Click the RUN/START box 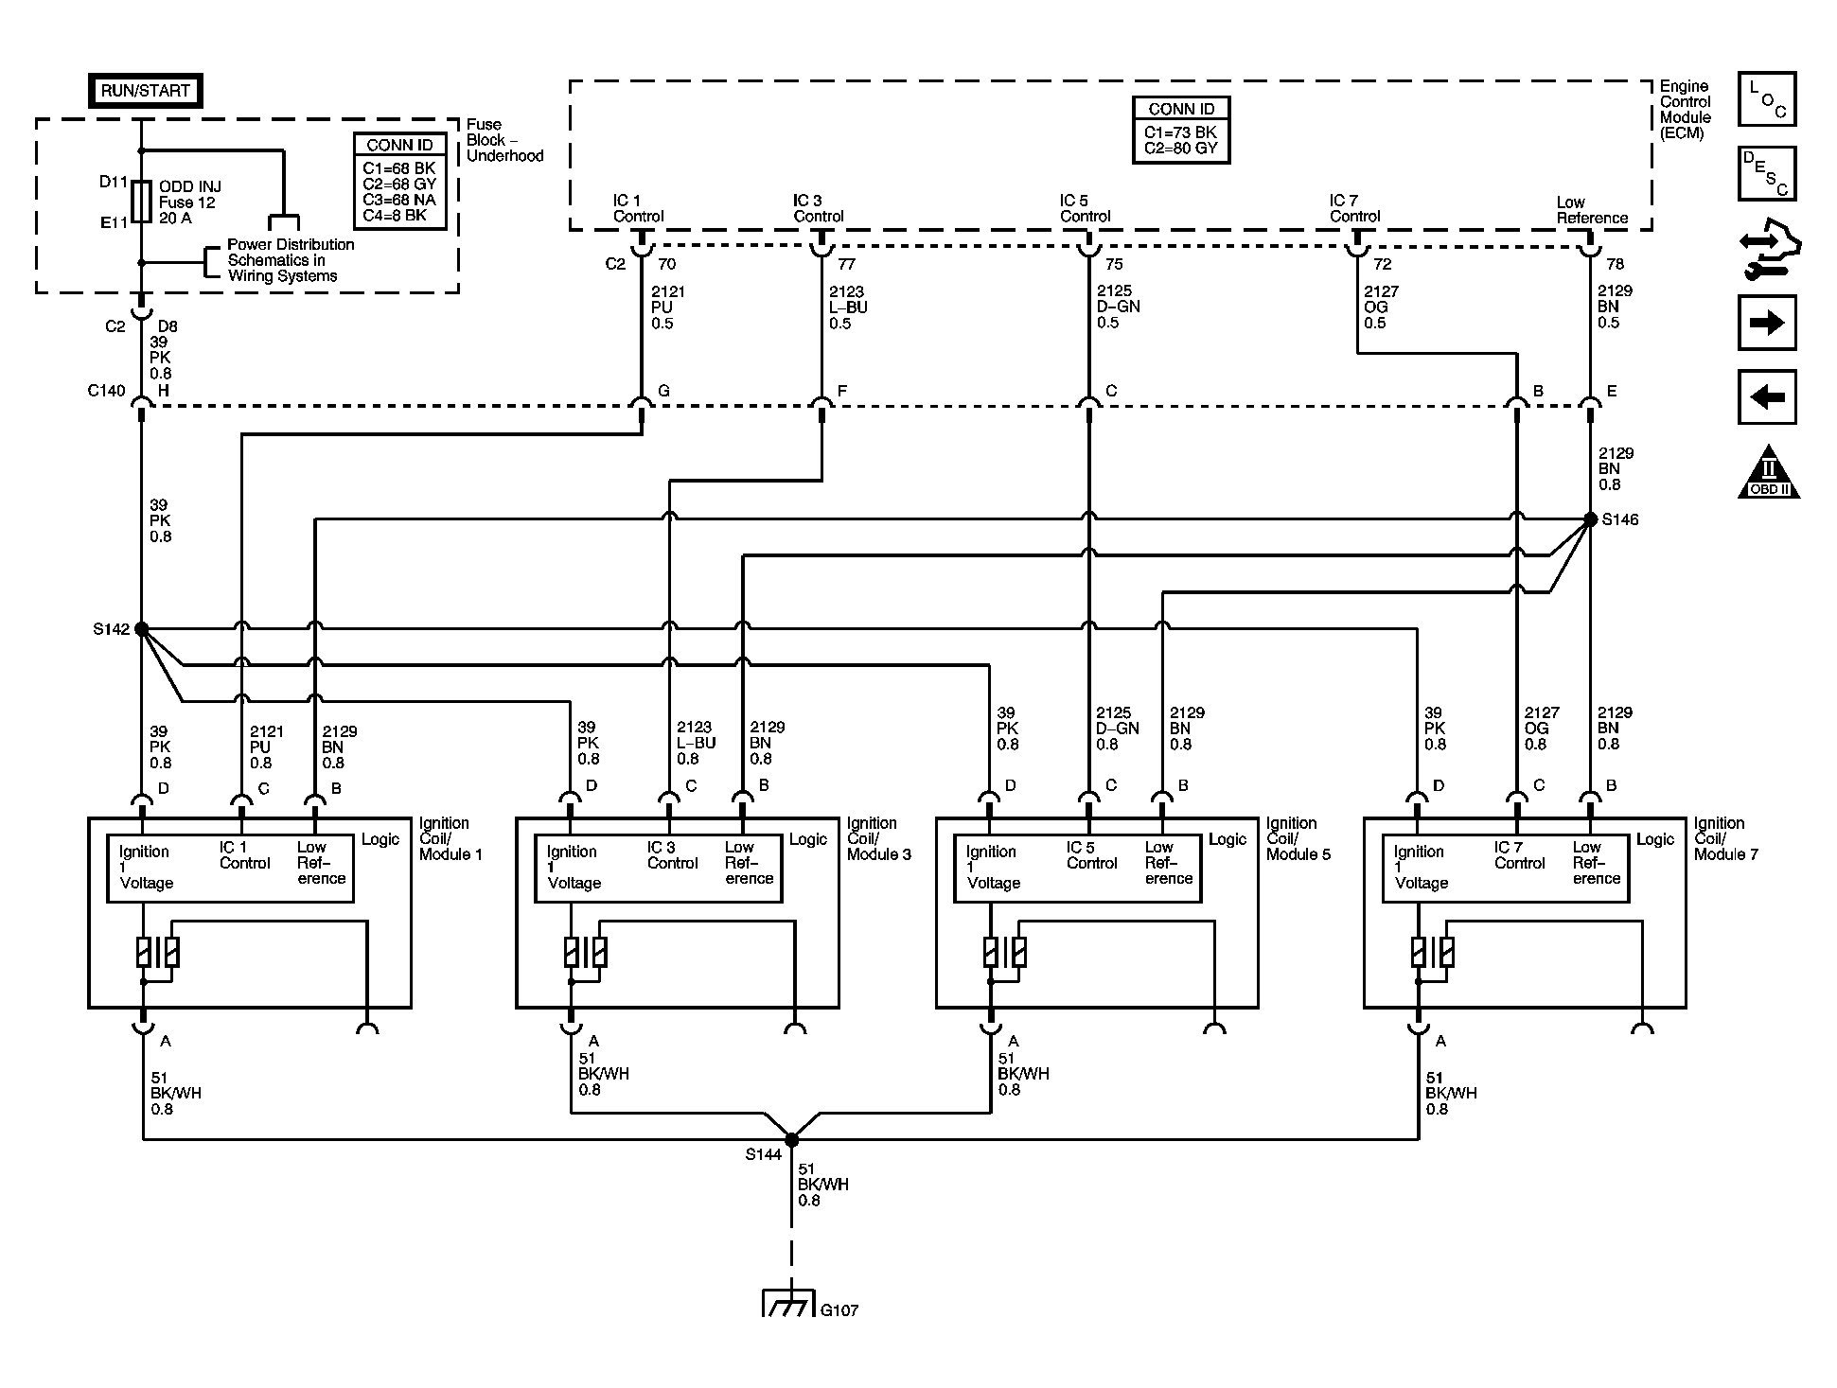click(145, 91)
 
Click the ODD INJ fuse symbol click(141, 202)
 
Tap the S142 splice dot click(141, 628)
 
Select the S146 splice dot click(1590, 519)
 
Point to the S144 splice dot click(791, 1139)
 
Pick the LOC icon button click(1767, 99)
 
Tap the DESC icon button click(1767, 173)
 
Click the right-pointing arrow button click(1767, 323)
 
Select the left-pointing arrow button click(1767, 396)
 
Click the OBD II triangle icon click(1768, 472)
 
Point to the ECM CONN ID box click(1181, 130)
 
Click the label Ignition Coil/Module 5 click(1298, 838)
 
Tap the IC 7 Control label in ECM click(1354, 208)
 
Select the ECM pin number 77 click(846, 264)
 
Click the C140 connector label click(106, 391)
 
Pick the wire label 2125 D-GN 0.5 click(1118, 307)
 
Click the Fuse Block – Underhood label click(504, 140)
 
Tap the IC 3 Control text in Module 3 click(672, 855)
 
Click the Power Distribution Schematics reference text click(291, 260)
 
